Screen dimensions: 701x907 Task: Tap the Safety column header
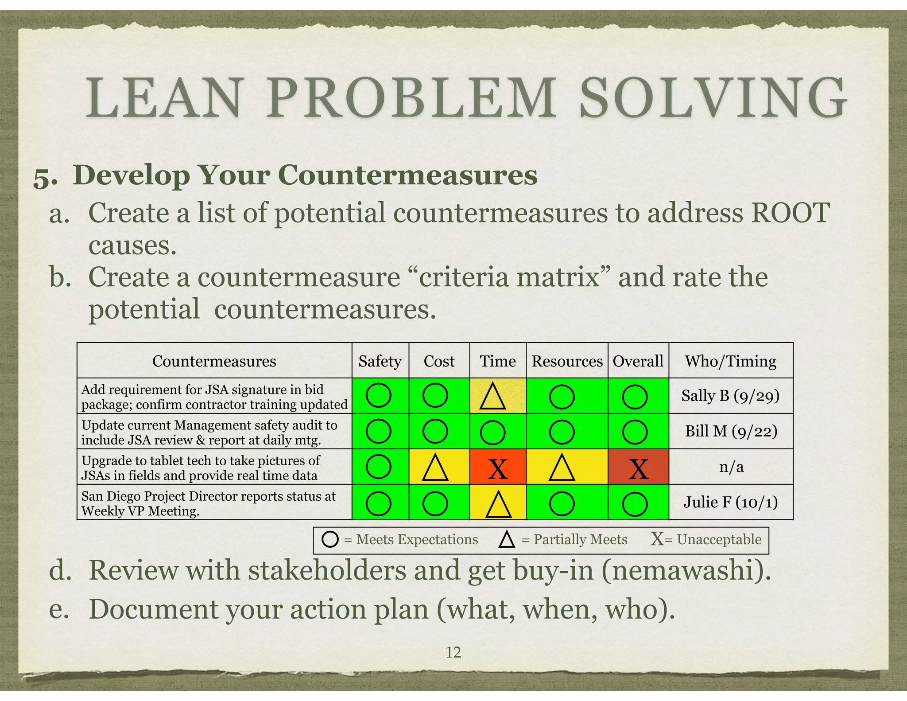click(x=380, y=361)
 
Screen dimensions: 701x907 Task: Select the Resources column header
click(x=567, y=361)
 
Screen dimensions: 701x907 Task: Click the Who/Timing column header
click(x=731, y=361)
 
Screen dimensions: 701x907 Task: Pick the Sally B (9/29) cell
click(x=730, y=396)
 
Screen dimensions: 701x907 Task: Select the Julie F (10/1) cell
click(x=731, y=502)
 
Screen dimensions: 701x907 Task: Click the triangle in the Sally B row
click(x=492, y=397)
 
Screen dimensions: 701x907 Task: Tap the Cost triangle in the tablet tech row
click(x=435, y=468)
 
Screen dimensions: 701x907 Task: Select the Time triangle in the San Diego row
click(x=498, y=504)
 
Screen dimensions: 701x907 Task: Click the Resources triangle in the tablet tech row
click(x=562, y=468)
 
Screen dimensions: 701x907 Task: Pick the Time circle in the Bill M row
click(x=492, y=432)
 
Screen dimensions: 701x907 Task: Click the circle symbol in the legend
click(x=330, y=539)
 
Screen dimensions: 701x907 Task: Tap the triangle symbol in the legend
click(x=507, y=540)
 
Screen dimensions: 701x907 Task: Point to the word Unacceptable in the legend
click(x=719, y=539)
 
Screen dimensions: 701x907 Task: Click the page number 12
click(x=453, y=652)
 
